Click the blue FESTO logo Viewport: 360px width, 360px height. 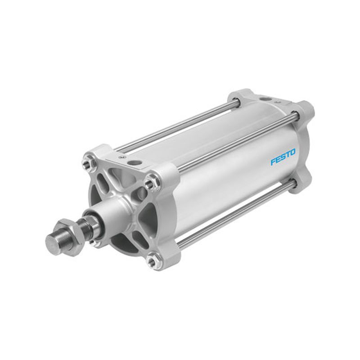(x=283, y=157)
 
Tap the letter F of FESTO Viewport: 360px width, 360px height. (x=273, y=162)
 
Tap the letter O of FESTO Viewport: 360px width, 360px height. (x=292, y=153)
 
